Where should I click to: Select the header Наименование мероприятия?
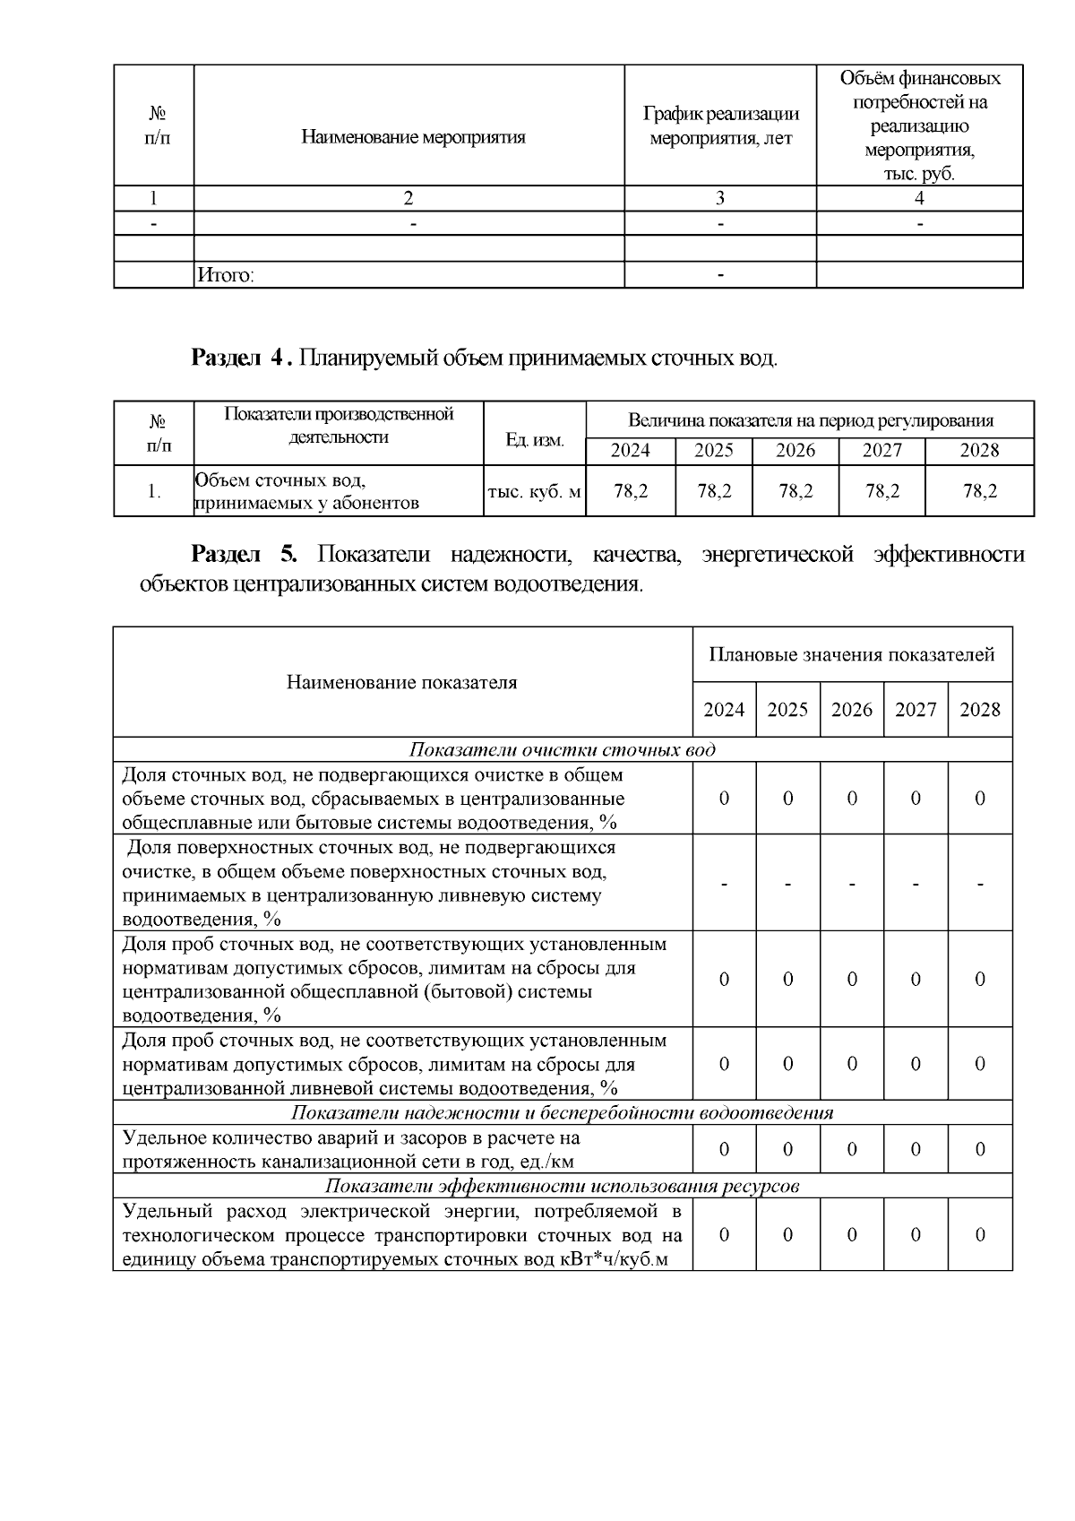coord(413,137)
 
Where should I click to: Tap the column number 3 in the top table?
coord(720,199)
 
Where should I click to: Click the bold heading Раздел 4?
coord(240,359)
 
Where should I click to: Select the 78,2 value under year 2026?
coord(795,490)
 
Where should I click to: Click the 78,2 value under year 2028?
coord(978,490)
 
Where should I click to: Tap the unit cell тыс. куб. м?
coord(534,491)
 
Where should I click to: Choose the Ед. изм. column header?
coord(534,440)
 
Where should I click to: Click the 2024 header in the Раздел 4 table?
coord(630,451)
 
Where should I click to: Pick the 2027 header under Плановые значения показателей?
coord(916,710)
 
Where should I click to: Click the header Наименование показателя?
coord(402,683)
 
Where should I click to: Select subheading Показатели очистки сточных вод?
coord(563,750)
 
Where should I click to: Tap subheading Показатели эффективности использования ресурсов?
coord(562,1186)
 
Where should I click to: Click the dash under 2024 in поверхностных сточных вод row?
coord(724,884)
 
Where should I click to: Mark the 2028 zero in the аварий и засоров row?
coord(980,1149)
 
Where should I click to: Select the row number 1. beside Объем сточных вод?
coord(154,491)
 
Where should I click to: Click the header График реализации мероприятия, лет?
coord(720,126)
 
